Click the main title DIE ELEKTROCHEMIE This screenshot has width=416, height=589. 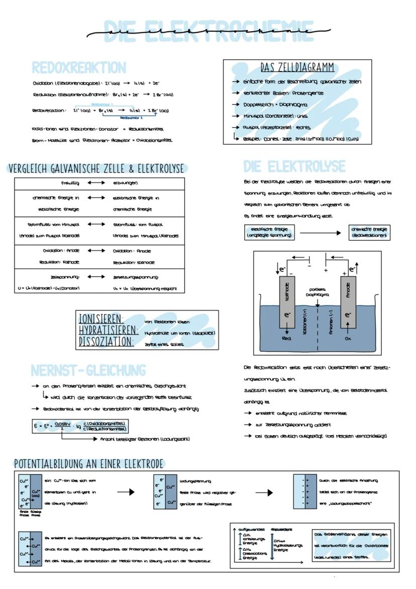pos(207,32)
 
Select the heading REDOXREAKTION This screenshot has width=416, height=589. pos(79,67)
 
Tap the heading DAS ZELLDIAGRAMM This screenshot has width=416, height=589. pos(297,67)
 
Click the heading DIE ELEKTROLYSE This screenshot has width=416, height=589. pos(294,166)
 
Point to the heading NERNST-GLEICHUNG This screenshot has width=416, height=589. pos(88,370)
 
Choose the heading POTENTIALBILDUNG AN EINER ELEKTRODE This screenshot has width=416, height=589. pos(89,463)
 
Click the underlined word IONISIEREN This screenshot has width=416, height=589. pos(101,319)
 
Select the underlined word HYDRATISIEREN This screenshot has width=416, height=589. pos(109,330)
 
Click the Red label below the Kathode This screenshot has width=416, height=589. pos(287,339)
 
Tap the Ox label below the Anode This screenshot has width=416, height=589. pos(348,339)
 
